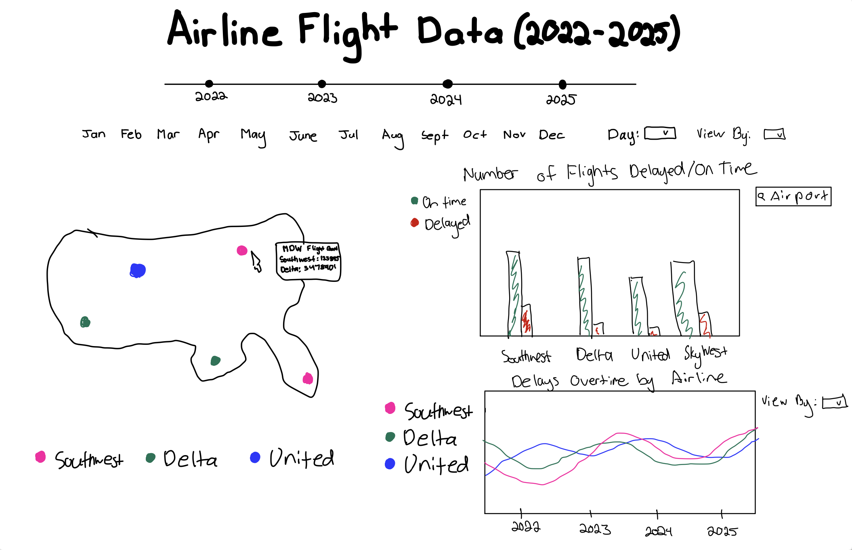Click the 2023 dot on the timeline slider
coord(322,84)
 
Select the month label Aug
coord(392,136)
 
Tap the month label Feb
coord(131,134)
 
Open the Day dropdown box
coord(660,133)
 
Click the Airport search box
coord(793,197)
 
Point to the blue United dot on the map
coord(138,270)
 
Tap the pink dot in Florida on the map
coord(308,379)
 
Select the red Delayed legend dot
coord(415,223)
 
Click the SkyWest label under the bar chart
coord(705,354)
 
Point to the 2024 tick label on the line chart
coord(658,531)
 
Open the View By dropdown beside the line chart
coord(834,403)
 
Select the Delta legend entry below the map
coord(182,459)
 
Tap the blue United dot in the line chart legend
coord(390,464)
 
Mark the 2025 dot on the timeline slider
coord(562,84)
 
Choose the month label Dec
coord(552,135)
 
